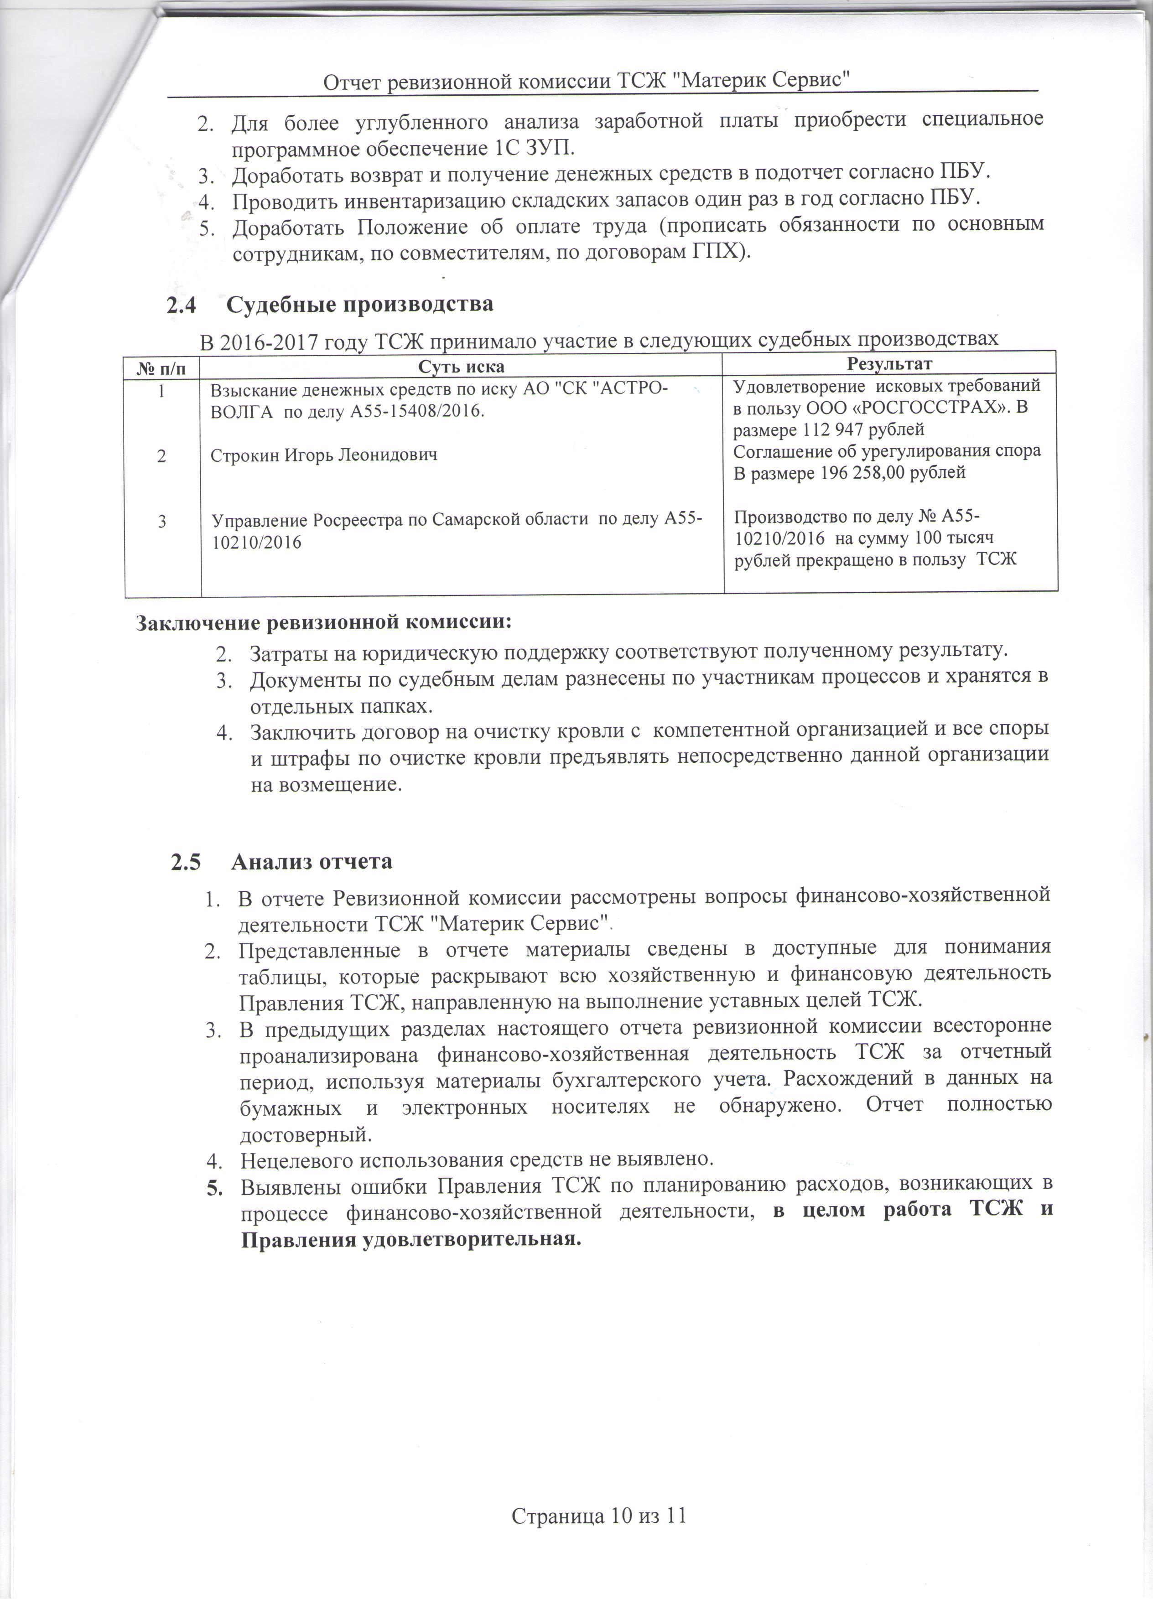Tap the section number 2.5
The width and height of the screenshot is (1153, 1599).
[186, 862]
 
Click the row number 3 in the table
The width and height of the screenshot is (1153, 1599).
[161, 522]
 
